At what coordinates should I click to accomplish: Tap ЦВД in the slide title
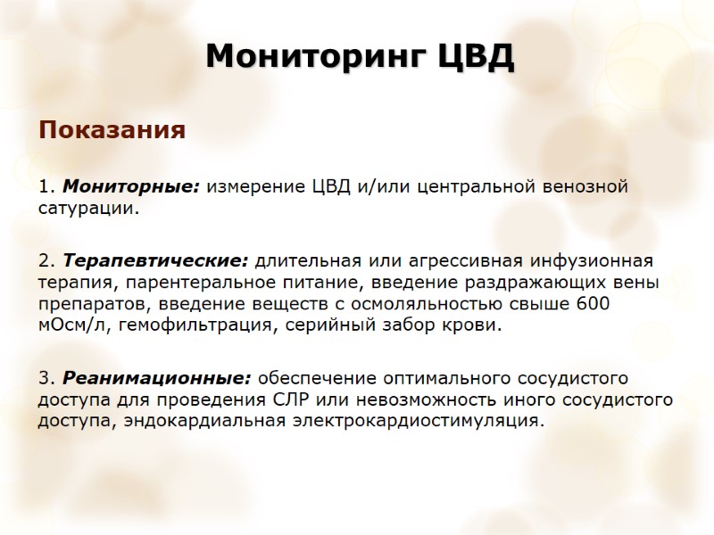point(476,57)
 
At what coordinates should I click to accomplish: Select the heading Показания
point(112,131)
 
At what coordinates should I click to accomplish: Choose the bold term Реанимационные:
point(154,378)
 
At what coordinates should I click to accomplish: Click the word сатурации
point(87,210)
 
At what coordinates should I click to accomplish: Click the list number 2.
point(45,261)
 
